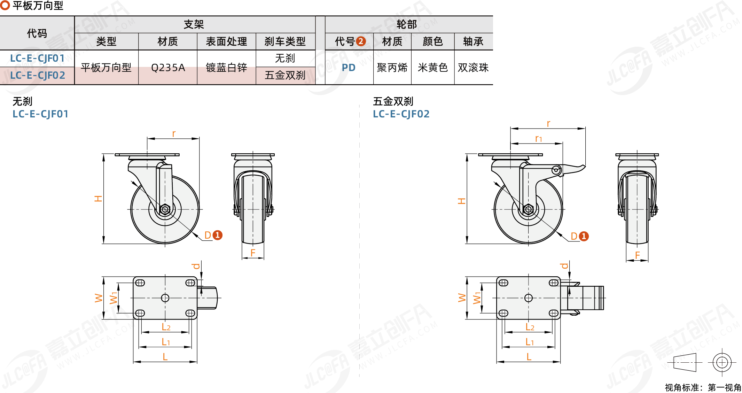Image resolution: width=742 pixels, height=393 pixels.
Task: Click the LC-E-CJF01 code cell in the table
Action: [37, 58]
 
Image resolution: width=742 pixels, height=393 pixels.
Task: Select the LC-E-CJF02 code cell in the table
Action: [37, 75]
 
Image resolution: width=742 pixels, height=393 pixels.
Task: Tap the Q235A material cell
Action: [168, 67]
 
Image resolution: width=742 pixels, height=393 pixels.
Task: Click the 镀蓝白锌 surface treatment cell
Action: [226, 67]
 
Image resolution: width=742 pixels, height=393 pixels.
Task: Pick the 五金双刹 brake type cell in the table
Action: [285, 75]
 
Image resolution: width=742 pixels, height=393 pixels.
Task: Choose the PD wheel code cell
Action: [349, 68]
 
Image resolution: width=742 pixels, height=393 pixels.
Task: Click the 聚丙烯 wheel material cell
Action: [392, 68]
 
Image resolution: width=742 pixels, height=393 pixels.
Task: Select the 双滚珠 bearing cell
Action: [473, 68]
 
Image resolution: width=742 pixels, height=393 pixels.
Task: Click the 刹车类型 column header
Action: [285, 41]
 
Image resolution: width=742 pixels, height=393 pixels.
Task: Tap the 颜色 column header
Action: [432, 41]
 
